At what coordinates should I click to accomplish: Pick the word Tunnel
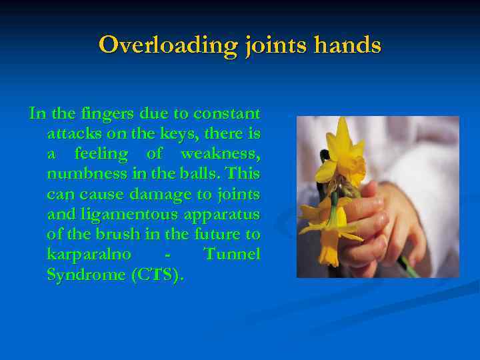[x=232, y=254]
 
